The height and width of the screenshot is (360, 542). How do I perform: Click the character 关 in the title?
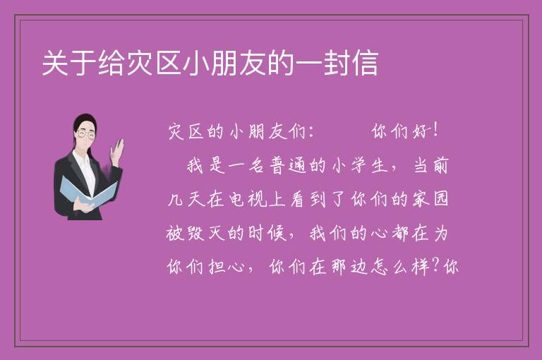pyautogui.click(x=55, y=63)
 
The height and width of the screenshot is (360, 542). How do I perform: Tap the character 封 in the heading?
pyautogui.click(x=337, y=63)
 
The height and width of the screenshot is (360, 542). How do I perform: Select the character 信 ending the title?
pyautogui.click(x=365, y=63)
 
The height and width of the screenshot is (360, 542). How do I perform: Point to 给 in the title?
pyautogui.click(x=112, y=63)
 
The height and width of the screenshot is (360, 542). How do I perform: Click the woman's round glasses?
pyautogui.click(x=86, y=134)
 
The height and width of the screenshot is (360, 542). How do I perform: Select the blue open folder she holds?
pyautogui.click(x=89, y=192)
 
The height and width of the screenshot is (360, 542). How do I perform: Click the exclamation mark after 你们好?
pyautogui.click(x=435, y=131)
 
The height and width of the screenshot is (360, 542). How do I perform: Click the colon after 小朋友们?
pyautogui.click(x=311, y=132)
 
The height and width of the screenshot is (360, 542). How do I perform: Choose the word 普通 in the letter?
pyautogui.click(x=288, y=165)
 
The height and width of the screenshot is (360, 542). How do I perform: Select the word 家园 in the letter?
pyautogui.click(x=431, y=199)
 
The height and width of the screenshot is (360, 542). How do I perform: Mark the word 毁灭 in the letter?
pyautogui.click(x=206, y=233)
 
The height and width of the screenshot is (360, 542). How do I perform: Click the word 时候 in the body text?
pyautogui.click(x=267, y=233)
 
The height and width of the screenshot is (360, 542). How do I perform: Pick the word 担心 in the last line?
pyautogui.click(x=227, y=267)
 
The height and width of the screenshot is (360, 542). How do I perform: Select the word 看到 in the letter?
pyautogui.click(x=308, y=199)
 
